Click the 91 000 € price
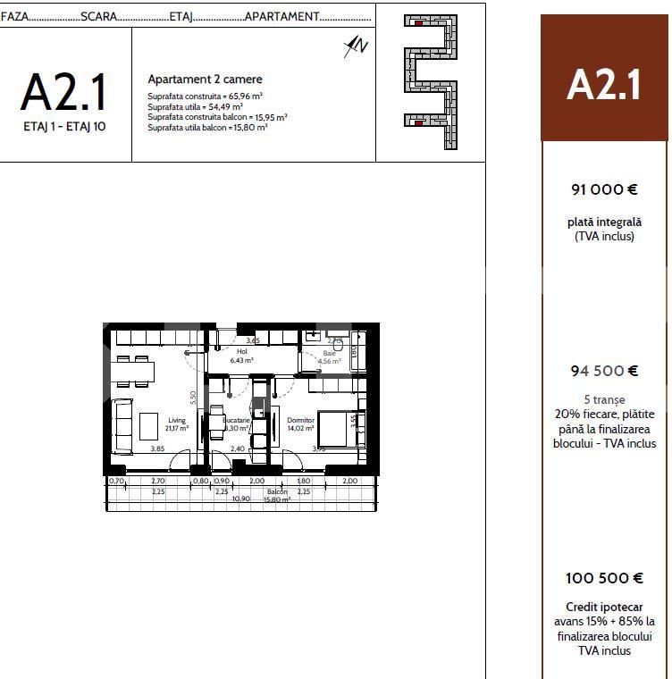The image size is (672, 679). point(604,189)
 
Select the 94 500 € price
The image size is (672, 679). point(604,371)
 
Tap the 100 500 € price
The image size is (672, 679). point(604,578)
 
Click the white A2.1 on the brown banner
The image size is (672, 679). point(604,86)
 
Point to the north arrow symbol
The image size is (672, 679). point(357,46)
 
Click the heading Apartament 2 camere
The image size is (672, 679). point(205,80)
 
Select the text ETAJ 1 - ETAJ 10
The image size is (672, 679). point(64,127)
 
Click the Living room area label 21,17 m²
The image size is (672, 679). point(177,428)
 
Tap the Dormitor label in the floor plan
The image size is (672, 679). point(300,420)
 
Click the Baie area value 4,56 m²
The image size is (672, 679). point(329,362)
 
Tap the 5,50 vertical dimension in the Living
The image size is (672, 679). point(192,398)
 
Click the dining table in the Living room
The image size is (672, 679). point(135,369)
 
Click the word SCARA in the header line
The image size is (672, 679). point(98,16)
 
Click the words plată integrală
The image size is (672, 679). point(604,222)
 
